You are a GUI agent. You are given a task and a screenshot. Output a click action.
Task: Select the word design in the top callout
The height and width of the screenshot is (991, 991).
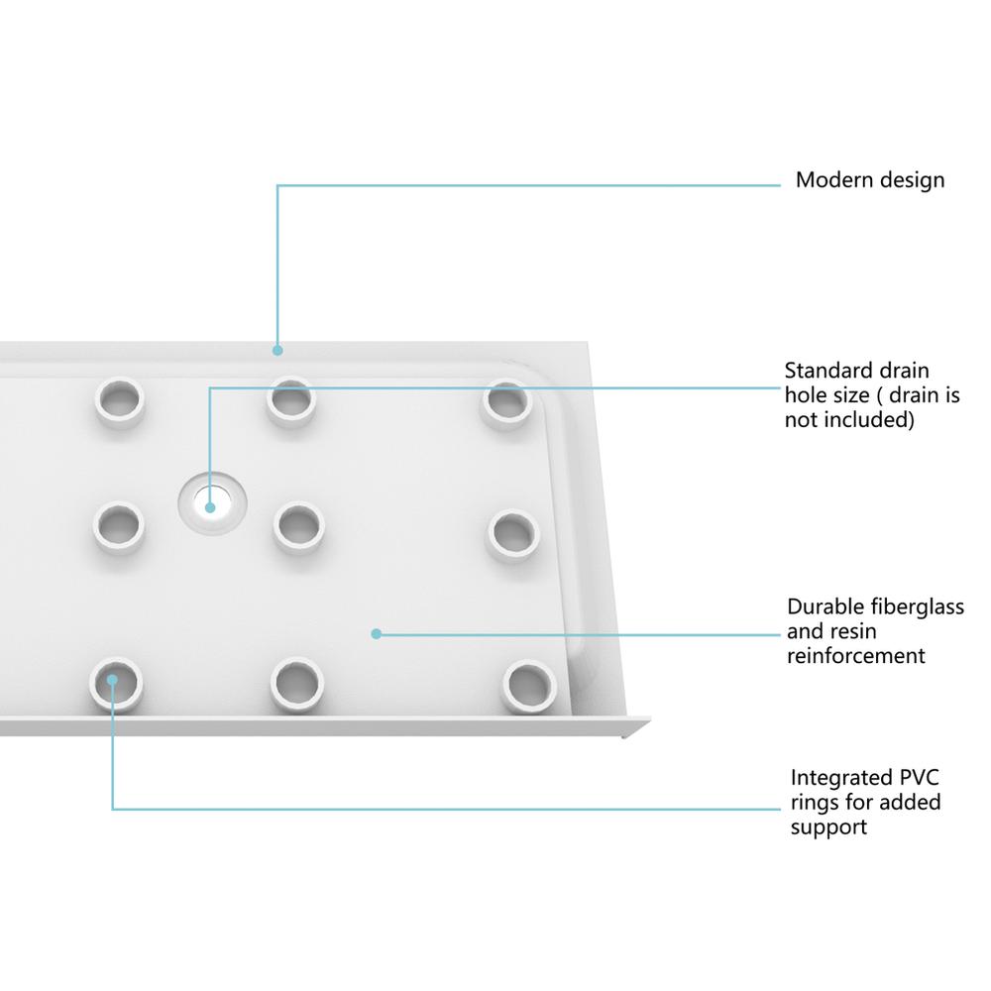point(911,181)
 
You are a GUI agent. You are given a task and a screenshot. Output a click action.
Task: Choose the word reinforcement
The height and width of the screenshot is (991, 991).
point(856,655)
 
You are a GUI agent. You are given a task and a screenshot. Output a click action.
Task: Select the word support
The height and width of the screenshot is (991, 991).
point(828,826)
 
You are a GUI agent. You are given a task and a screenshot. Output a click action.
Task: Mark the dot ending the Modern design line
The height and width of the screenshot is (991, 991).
point(277,349)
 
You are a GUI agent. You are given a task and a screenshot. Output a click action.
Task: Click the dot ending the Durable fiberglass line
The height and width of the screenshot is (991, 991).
point(376,632)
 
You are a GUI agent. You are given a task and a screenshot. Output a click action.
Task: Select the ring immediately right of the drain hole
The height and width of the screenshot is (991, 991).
point(298,525)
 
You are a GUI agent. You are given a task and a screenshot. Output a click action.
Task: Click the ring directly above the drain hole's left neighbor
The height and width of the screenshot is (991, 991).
point(119,400)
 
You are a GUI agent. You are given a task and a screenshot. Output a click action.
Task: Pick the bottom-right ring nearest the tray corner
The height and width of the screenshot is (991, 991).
point(527,685)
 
